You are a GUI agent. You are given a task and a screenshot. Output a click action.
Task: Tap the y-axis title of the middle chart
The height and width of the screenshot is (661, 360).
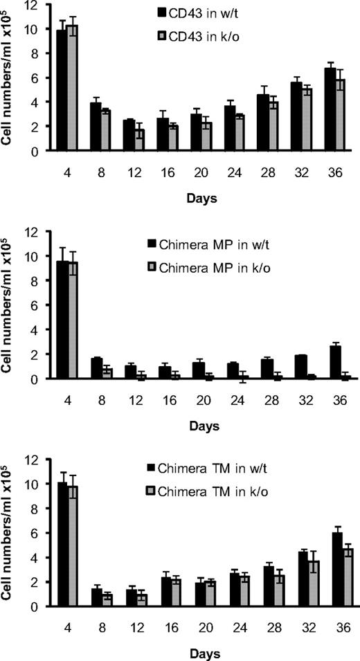(x=8, y=308)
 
